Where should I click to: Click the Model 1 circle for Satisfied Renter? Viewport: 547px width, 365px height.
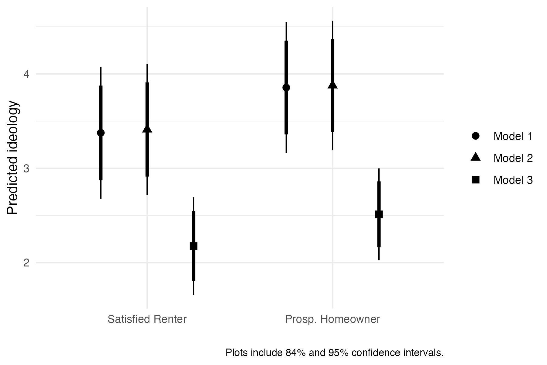tap(101, 133)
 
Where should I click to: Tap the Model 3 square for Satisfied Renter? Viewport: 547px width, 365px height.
tap(194, 246)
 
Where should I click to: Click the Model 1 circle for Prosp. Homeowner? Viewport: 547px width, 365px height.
tap(286, 88)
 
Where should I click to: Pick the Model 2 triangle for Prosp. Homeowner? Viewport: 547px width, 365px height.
tap(332, 85)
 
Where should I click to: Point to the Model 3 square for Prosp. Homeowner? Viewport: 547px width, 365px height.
tap(379, 214)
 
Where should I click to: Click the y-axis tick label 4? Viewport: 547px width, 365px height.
tap(26, 74)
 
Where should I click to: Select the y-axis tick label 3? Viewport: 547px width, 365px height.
tap(26, 169)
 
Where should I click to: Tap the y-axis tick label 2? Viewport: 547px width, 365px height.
tap(26, 263)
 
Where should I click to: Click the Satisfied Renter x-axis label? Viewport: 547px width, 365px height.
tap(147, 319)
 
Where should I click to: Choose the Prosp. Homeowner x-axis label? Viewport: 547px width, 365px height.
tap(332, 319)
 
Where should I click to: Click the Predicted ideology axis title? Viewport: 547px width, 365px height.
tap(13, 158)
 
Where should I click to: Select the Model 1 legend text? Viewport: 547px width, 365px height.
tap(513, 136)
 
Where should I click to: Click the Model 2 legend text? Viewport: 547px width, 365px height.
tap(513, 158)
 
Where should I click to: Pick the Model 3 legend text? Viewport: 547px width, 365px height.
tap(513, 180)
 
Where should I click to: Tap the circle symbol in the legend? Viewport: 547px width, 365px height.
tap(476, 136)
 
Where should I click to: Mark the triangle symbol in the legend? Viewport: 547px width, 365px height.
tap(476, 157)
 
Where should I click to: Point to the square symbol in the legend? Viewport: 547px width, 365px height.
tap(476, 180)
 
